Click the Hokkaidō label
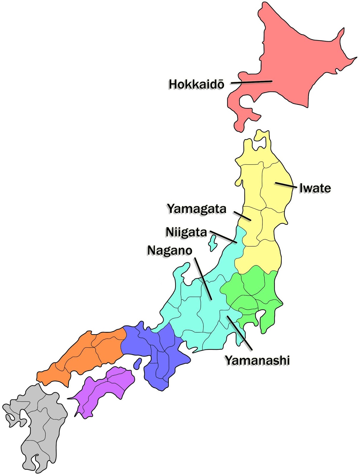click(x=196, y=84)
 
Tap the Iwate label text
click(x=315, y=188)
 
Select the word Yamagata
click(x=197, y=209)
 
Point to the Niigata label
click(x=186, y=232)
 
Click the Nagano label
click(x=170, y=251)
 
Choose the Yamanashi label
click(x=257, y=360)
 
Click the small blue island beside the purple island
click(x=137, y=363)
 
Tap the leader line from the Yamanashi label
click(x=239, y=332)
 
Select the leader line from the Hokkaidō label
click(x=251, y=82)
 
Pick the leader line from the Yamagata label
click(x=242, y=216)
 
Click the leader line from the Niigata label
click(x=223, y=237)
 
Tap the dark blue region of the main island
click(x=154, y=353)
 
